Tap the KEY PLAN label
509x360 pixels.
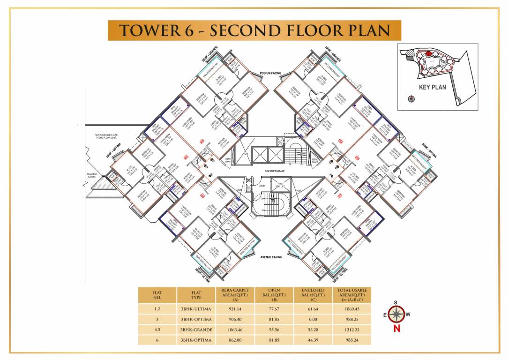click(432, 87)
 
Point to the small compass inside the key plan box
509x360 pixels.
click(412, 98)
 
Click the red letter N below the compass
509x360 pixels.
click(397, 329)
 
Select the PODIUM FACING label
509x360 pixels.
click(271, 74)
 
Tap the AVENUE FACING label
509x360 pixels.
click(271, 257)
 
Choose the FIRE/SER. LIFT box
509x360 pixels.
click(281, 184)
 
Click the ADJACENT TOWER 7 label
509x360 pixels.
click(91, 176)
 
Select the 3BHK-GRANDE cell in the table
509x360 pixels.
click(196, 330)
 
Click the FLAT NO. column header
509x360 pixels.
click(157, 295)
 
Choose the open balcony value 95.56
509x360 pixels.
click(274, 330)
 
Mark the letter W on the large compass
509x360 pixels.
click(408, 315)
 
